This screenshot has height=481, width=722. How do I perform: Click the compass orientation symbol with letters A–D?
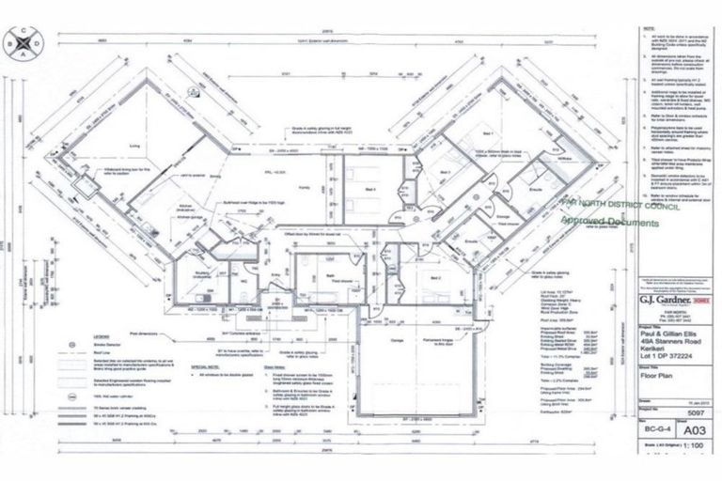click(23, 40)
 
